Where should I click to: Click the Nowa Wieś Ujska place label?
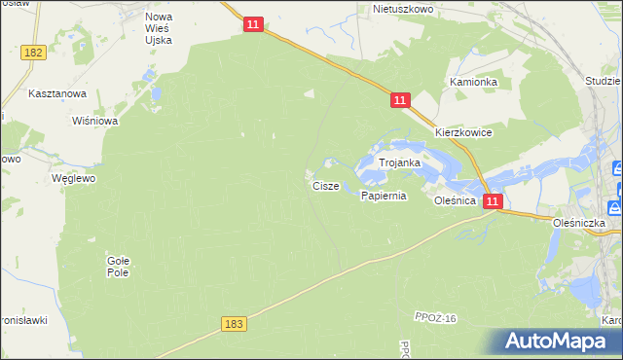[x=159, y=28]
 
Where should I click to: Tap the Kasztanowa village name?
[x=57, y=93]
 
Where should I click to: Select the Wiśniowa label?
[x=95, y=122]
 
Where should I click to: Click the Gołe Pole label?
[x=118, y=266]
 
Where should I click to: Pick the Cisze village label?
[x=326, y=185]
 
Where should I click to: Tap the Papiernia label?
[x=383, y=196]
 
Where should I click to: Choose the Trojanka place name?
[x=399, y=163]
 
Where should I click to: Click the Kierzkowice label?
[x=463, y=132]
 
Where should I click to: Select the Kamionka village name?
[x=473, y=83]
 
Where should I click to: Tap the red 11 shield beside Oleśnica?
[x=494, y=201]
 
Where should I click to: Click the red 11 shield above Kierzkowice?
[x=401, y=100]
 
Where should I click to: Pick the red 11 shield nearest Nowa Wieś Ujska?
[x=253, y=24]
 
